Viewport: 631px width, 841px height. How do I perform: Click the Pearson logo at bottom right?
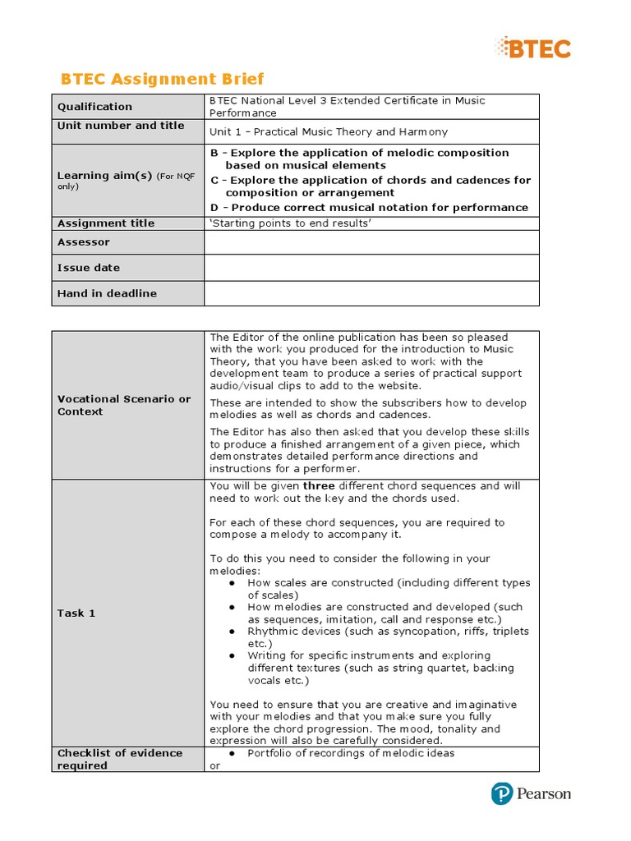pyautogui.click(x=531, y=793)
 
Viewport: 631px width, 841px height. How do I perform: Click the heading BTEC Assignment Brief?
pyautogui.click(x=163, y=79)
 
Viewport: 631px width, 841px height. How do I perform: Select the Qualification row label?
pyautogui.click(x=94, y=107)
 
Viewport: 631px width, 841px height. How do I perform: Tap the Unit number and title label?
pyautogui.click(x=121, y=126)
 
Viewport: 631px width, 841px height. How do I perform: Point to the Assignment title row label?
pyautogui.click(x=106, y=223)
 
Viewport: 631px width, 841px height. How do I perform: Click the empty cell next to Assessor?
pyautogui.click(x=371, y=242)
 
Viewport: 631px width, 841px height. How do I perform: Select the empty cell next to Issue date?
pyautogui.click(x=371, y=268)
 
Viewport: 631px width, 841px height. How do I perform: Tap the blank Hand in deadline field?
pyautogui.click(x=371, y=293)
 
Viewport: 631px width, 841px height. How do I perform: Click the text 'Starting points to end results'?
pyautogui.click(x=291, y=223)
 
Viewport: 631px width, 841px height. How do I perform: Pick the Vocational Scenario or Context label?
pyautogui.click(x=124, y=405)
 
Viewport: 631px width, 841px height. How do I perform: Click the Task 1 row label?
pyautogui.click(x=76, y=613)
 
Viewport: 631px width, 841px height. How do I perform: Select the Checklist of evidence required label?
pyautogui.click(x=120, y=759)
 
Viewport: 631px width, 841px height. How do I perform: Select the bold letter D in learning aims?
pyautogui.click(x=214, y=207)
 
